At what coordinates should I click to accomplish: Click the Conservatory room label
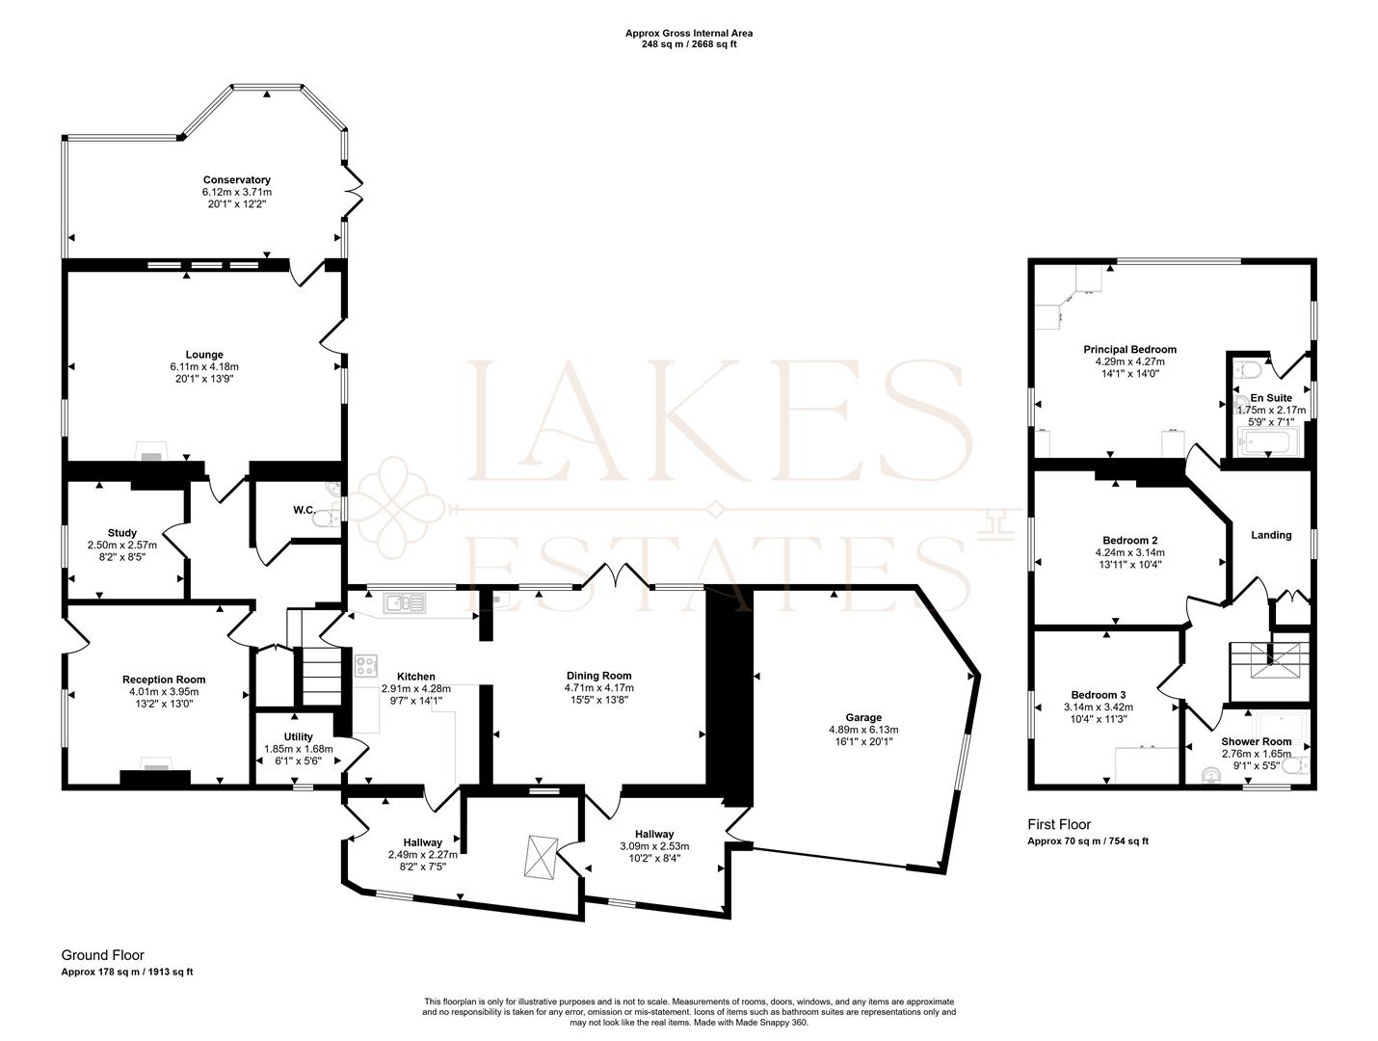(236, 180)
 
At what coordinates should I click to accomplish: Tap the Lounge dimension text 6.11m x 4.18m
(204, 366)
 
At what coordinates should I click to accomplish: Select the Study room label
(121, 533)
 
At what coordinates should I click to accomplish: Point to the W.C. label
(305, 510)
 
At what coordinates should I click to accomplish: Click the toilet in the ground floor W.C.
(328, 519)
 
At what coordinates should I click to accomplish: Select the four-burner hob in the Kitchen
(366, 665)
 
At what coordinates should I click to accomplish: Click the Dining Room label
(599, 676)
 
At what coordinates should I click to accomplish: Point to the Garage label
(863, 718)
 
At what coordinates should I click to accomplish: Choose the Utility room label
(298, 736)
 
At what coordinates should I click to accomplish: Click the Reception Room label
(164, 680)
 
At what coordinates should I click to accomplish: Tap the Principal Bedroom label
(1130, 350)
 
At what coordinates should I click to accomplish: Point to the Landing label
(1271, 535)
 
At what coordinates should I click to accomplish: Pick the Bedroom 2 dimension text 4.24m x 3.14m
(1130, 552)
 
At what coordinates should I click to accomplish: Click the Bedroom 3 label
(1099, 695)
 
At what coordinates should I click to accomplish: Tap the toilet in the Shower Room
(1294, 766)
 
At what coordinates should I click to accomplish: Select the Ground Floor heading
(102, 955)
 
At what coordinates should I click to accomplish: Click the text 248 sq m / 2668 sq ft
(689, 44)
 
